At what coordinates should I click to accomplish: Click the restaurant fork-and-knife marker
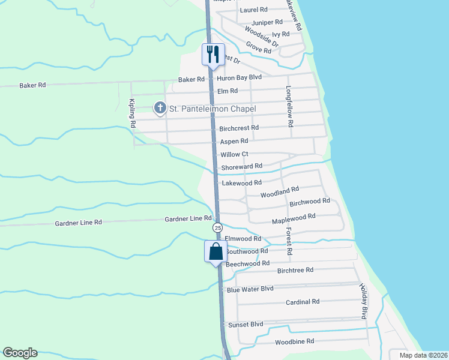pos(212,55)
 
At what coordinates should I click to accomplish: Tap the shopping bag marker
pos(215,251)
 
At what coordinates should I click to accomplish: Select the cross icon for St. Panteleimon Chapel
pos(160,108)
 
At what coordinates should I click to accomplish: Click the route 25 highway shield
pos(217,228)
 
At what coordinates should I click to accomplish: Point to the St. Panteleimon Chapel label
pos(212,109)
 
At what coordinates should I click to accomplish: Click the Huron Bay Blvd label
pos(240,78)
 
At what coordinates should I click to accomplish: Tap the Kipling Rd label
pos(133,113)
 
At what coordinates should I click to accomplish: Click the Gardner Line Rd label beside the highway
pos(188,219)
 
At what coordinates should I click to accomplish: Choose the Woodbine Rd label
pos(295,341)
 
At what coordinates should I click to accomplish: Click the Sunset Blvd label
pos(246,324)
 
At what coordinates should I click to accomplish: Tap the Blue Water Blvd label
pos(250,289)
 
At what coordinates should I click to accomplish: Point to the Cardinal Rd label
pos(303,302)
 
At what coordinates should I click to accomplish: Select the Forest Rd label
pos(288,241)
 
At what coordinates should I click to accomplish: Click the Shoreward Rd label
pos(242,166)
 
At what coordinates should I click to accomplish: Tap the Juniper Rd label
pos(267,23)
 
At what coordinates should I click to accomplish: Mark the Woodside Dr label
pos(262,36)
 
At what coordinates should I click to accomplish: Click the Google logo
pos(20,353)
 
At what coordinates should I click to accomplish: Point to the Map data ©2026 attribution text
pos(423,355)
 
